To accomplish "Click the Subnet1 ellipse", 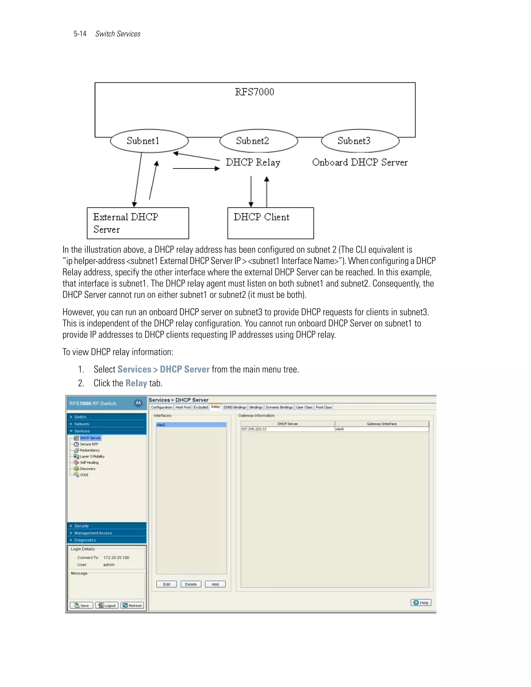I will tap(149, 141).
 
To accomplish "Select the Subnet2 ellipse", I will tap(258, 141).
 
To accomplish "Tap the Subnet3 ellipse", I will tap(360, 141).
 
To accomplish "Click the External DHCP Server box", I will tap(138, 223).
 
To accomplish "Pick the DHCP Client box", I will tap(270, 223).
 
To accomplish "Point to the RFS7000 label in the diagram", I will tap(255, 92).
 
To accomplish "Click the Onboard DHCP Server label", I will tap(360, 162).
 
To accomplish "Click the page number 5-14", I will tap(80, 34).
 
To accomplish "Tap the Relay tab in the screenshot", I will tap(215, 407).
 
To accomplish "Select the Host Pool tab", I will tap(183, 407).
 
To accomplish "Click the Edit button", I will tap(166, 584).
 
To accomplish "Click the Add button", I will tap(215, 584).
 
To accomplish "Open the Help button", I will tap(421, 602).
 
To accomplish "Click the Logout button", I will tap(107, 605).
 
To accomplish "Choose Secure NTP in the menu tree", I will tap(89, 444).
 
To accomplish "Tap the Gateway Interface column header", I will tap(382, 424).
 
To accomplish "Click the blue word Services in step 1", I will tap(134, 369).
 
